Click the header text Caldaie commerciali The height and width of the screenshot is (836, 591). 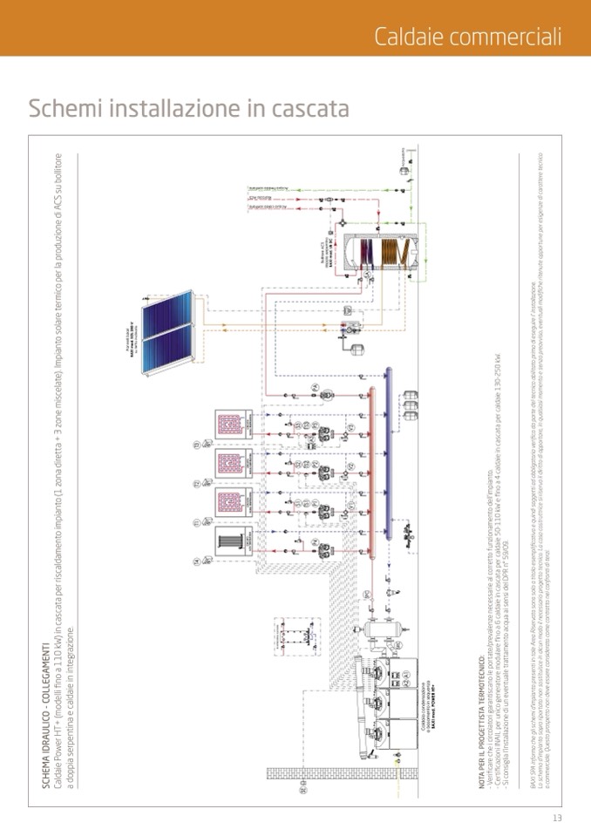[x=467, y=36]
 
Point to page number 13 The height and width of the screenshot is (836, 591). [x=557, y=818]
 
